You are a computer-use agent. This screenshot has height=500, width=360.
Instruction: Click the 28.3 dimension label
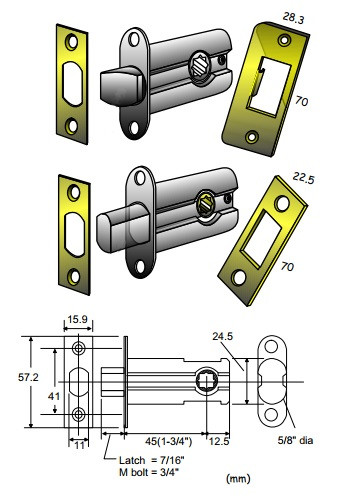(x=293, y=18)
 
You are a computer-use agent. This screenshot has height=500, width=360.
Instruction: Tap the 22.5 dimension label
(x=304, y=178)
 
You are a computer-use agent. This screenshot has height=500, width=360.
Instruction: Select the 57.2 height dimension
(x=28, y=377)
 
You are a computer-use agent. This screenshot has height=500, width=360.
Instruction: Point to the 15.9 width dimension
(x=77, y=319)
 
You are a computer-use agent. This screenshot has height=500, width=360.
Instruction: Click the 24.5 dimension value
(x=223, y=336)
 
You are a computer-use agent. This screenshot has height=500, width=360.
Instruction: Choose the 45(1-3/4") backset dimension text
(x=169, y=441)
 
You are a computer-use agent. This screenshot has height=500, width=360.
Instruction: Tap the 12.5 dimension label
(x=219, y=441)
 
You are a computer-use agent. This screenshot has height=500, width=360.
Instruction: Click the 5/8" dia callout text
(x=295, y=440)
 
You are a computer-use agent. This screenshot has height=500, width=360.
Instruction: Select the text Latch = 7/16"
(x=152, y=460)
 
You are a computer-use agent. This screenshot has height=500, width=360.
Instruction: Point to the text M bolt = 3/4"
(x=149, y=472)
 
